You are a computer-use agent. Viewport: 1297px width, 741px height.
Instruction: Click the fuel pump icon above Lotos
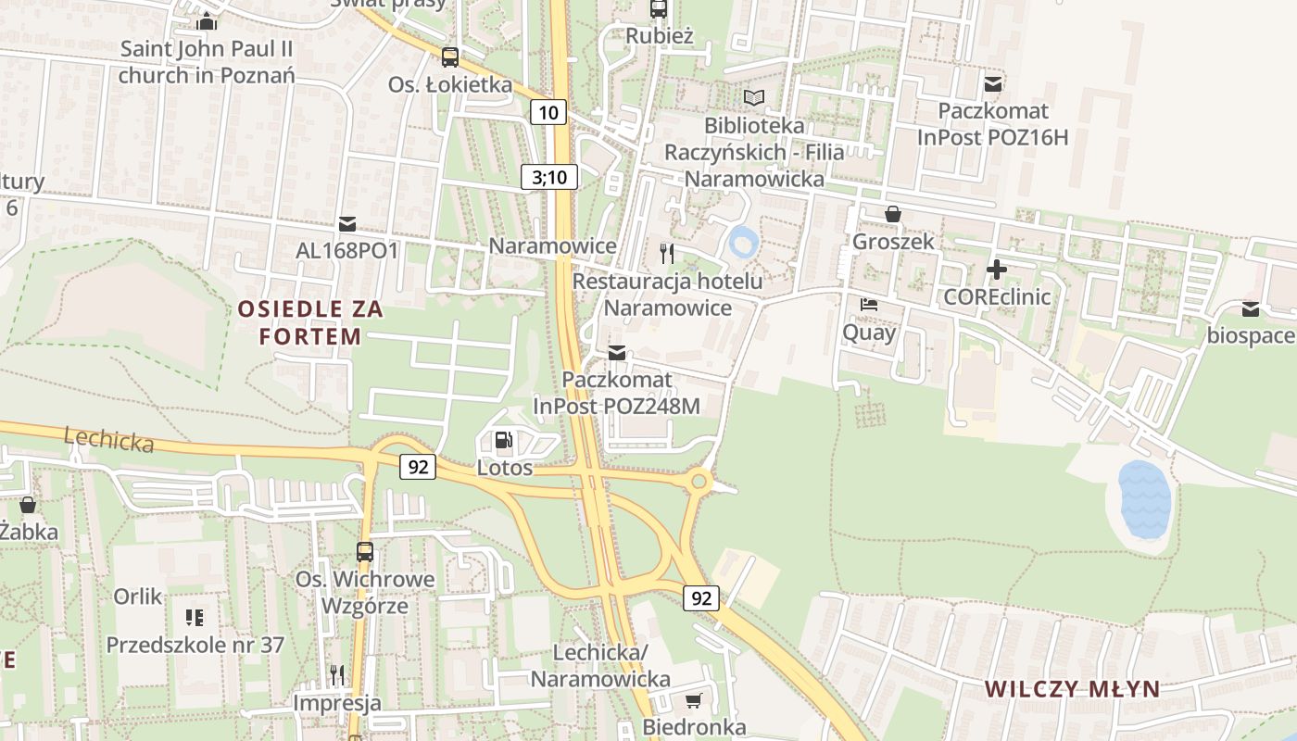[503, 440]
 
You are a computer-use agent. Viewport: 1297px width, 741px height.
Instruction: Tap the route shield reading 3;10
[549, 177]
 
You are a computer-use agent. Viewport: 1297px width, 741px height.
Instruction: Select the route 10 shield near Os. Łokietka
[548, 113]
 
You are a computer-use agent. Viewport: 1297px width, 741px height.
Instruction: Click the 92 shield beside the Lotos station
[418, 467]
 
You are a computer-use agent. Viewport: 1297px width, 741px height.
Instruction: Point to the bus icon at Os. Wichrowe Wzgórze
[365, 552]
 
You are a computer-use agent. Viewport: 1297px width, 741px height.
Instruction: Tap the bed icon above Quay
[869, 304]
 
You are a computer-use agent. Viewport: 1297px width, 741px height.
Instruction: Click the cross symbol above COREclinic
[997, 270]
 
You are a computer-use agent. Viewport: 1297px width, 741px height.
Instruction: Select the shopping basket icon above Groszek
[893, 214]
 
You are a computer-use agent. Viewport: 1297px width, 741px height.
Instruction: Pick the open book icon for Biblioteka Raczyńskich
[755, 97]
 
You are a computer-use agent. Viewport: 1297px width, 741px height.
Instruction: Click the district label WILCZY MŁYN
[1072, 688]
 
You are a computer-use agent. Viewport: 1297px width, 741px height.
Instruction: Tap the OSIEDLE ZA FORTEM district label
[309, 322]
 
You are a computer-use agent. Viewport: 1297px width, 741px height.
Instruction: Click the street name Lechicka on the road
[109, 440]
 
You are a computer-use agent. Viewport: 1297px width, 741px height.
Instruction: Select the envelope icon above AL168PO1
[347, 223]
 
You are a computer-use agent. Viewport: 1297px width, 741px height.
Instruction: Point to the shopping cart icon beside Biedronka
[694, 700]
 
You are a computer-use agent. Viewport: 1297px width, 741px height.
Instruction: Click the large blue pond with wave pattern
[1144, 500]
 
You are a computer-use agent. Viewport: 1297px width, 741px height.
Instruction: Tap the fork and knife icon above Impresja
[337, 674]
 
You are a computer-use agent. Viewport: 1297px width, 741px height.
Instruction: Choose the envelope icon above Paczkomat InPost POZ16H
[994, 84]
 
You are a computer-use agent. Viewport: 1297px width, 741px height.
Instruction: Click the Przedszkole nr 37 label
[195, 645]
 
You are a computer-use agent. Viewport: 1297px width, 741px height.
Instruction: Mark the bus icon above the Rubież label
[659, 9]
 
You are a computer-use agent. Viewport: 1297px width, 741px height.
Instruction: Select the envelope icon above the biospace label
[1251, 309]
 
